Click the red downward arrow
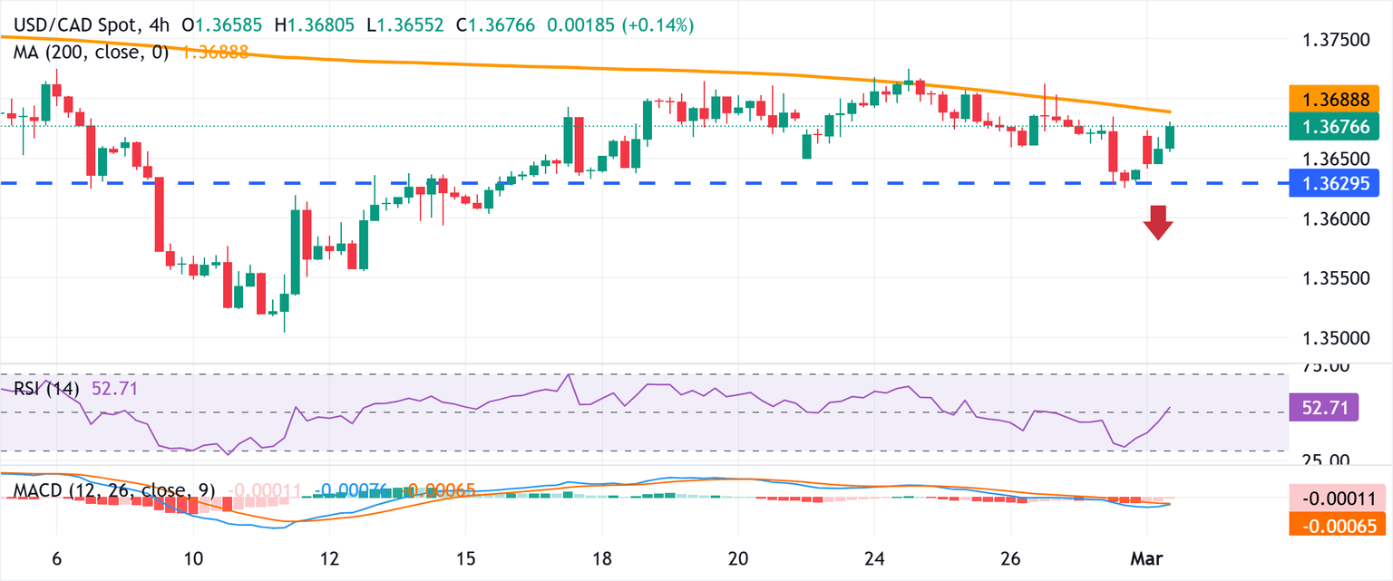point(1157,222)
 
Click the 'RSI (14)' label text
point(46,389)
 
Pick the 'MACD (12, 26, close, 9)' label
point(114,490)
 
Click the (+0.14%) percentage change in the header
point(658,25)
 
